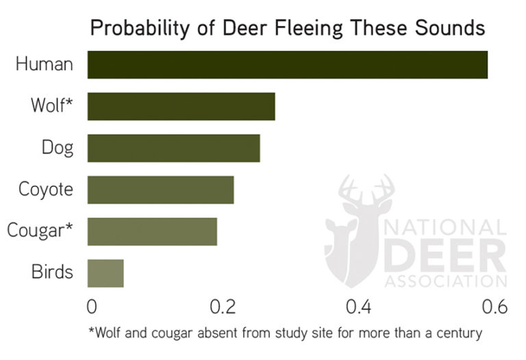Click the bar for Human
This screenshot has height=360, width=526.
pos(287,65)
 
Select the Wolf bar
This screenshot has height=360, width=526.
pos(181,107)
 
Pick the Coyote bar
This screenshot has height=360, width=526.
pos(160,190)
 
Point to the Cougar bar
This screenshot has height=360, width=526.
pos(152,231)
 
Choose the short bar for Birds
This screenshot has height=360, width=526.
pos(105,273)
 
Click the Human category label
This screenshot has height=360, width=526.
pos(45,65)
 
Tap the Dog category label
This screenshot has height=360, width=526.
pos(57,148)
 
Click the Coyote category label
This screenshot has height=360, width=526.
pos(46,190)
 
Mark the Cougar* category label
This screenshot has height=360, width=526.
pos(40,231)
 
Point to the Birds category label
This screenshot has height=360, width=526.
pos(52,272)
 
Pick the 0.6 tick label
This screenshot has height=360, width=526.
pos(492,306)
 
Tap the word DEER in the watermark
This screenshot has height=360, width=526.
pos(445,255)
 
